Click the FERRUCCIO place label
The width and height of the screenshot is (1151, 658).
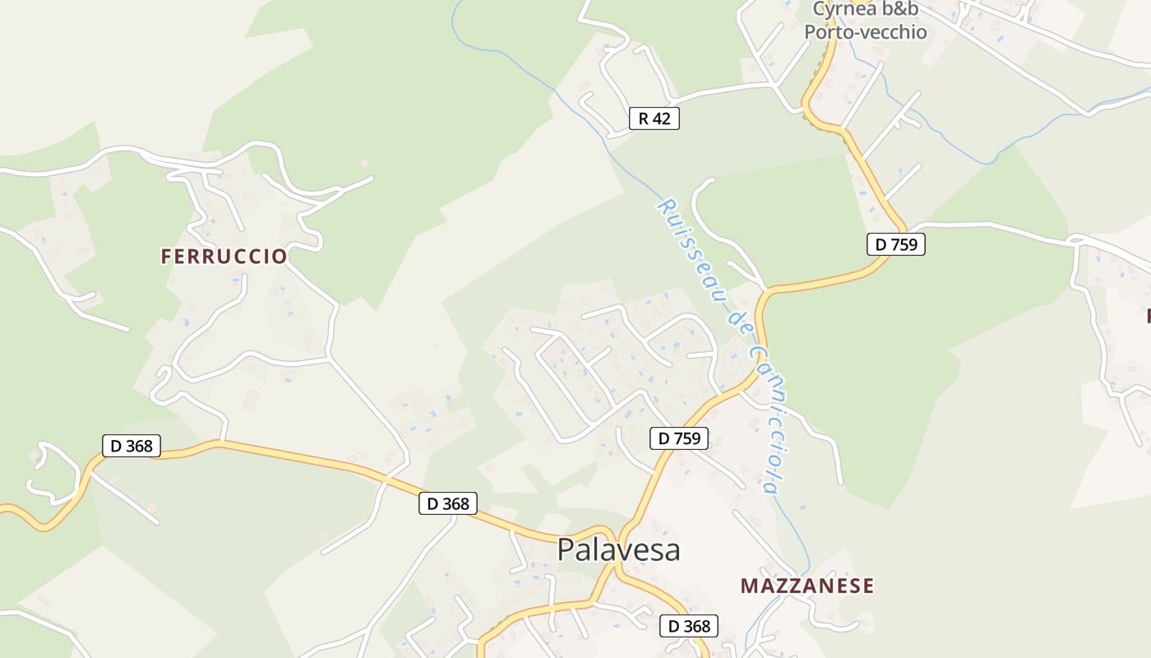click(x=224, y=257)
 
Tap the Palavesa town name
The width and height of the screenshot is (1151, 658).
click(x=618, y=549)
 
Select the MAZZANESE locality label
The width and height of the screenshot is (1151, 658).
click(x=807, y=586)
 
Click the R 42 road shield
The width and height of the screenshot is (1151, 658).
click(x=654, y=118)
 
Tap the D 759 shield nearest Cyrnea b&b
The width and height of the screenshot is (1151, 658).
click(x=896, y=244)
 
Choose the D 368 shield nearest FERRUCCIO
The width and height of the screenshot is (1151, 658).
click(x=132, y=446)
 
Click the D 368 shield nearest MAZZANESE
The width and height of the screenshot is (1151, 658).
click(x=689, y=626)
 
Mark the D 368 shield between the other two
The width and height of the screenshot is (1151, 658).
click(x=448, y=503)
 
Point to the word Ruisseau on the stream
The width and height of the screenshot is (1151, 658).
click(x=687, y=247)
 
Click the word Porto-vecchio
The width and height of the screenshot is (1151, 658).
click(x=865, y=32)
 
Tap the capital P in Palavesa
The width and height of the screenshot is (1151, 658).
click(x=566, y=549)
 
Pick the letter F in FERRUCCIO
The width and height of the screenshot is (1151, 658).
click(x=166, y=257)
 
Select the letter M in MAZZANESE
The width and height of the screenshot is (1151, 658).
click(x=749, y=586)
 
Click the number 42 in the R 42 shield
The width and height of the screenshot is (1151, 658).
click(x=662, y=118)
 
